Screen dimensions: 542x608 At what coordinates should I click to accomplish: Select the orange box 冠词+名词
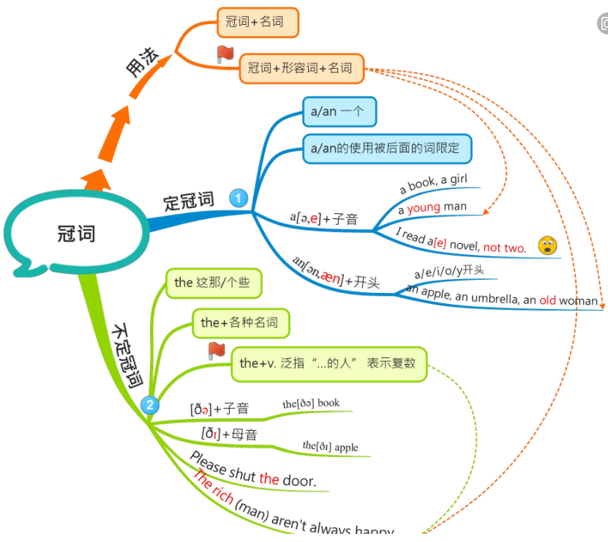tap(258, 22)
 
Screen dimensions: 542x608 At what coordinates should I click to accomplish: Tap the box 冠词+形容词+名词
tap(300, 69)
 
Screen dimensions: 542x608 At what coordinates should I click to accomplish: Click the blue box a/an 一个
tap(339, 112)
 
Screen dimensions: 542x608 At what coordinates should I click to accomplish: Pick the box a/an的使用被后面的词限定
tap(386, 148)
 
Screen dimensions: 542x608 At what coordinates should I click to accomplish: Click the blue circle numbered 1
tap(239, 198)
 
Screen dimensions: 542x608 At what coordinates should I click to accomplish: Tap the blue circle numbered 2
tap(150, 404)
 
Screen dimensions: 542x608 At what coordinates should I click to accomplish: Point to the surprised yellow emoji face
tap(547, 246)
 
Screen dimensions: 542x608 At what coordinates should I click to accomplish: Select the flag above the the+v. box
tap(217, 350)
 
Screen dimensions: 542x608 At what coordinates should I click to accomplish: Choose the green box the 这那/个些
tap(213, 283)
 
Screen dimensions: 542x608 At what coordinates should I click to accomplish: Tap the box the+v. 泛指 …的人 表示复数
tap(329, 363)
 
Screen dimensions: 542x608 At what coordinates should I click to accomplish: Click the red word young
tap(424, 207)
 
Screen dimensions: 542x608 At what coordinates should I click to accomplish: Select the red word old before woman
tap(548, 300)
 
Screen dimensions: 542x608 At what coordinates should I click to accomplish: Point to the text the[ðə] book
tap(311, 404)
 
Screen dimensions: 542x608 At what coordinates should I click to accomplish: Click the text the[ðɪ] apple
tap(331, 447)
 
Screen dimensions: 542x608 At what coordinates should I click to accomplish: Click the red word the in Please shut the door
tap(269, 479)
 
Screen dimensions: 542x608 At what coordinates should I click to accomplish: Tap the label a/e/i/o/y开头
tap(449, 272)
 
